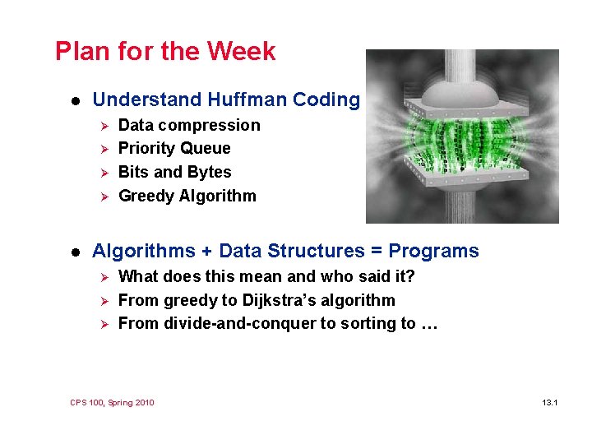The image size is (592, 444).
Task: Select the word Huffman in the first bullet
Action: [x=247, y=100]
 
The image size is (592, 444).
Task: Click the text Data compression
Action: [x=189, y=126]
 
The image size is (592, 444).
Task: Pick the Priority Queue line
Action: [x=174, y=149]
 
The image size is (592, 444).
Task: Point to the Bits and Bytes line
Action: [x=174, y=173]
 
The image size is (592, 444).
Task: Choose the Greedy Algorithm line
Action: [x=187, y=197]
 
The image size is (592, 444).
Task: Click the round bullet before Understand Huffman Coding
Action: [x=74, y=101]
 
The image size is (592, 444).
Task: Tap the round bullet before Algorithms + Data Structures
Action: [x=74, y=252]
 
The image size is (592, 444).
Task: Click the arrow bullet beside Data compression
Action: [x=104, y=126]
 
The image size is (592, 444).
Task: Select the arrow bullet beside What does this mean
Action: [x=104, y=277]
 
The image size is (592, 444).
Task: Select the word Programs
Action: [x=433, y=252]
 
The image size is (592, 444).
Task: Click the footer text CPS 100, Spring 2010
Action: [x=112, y=403]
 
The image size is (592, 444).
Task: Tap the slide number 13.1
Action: [x=550, y=403]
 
